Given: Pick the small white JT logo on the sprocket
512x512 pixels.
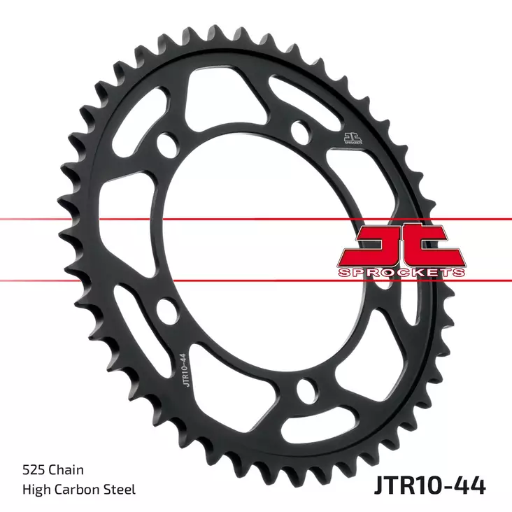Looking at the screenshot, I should pos(353,138).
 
